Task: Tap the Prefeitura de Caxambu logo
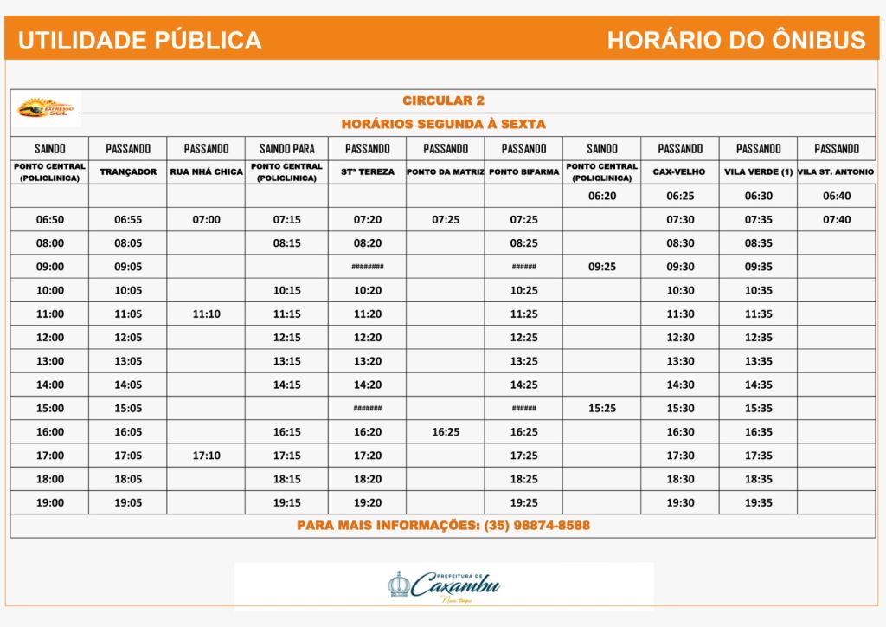(444, 586)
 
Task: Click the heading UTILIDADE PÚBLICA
(139, 40)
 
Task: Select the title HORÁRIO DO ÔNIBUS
(736, 40)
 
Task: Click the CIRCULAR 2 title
(443, 100)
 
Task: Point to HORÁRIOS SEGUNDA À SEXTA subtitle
(443, 124)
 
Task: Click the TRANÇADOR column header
(128, 171)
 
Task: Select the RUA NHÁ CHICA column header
(206, 171)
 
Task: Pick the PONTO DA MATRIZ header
(446, 171)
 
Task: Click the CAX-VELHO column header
(680, 171)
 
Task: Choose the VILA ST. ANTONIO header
(837, 171)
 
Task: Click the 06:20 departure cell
(602, 196)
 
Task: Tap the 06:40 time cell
(837, 196)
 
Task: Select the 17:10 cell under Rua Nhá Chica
(206, 455)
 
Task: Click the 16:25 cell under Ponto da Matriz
(446, 431)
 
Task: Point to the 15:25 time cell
(602, 408)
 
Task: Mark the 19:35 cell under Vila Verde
(759, 502)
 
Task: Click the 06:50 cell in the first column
(50, 219)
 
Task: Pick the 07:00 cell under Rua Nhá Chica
(206, 219)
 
